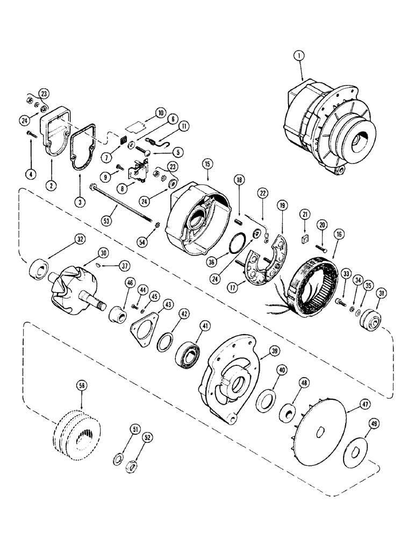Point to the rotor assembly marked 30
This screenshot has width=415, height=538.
(x=73, y=291)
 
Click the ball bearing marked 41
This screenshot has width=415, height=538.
(x=187, y=355)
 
